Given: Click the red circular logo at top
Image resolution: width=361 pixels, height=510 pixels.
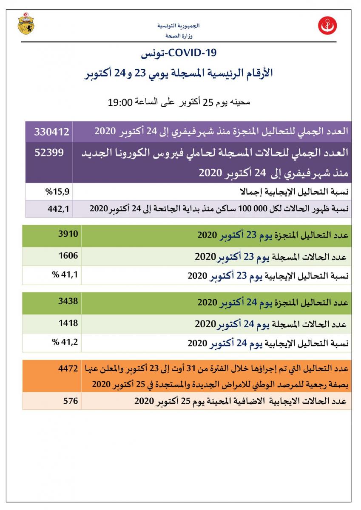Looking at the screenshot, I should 328,26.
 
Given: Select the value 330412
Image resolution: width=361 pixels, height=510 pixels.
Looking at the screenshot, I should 51,131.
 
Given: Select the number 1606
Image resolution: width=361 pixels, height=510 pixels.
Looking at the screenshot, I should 68,256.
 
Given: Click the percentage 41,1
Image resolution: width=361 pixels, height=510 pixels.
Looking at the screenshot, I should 65,275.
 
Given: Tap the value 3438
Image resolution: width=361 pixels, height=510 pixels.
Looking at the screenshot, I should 68,301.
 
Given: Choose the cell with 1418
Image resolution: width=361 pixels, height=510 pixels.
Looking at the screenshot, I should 68,323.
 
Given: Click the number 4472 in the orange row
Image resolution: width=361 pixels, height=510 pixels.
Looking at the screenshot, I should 68,368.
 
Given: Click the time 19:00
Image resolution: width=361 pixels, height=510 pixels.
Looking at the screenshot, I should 121,102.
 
